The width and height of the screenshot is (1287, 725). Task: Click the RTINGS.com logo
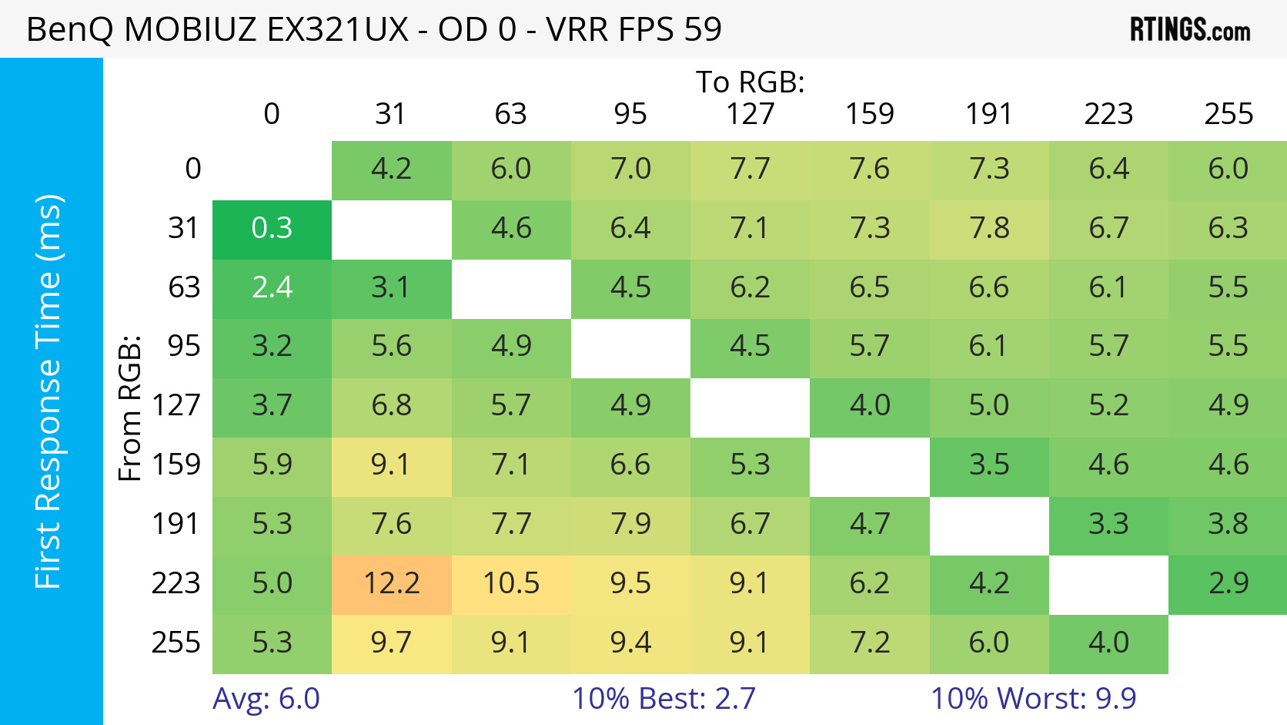coord(1190,29)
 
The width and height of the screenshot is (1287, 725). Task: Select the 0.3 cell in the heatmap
coord(272,230)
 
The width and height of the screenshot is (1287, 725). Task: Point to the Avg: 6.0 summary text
coord(266,698)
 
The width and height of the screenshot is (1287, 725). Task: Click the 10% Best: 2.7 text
coord(664,698)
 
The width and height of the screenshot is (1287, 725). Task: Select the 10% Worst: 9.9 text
coord(1033,698)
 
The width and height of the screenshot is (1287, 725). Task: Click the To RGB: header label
coord(750,82)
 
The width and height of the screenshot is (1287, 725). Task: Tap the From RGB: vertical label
coord(130,408)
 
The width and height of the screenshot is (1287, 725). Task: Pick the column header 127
coord(750,114)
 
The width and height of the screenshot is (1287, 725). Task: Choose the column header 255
coord(1228,114)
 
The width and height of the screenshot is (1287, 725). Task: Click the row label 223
coord(175,583)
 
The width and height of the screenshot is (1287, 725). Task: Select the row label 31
coord(184,228)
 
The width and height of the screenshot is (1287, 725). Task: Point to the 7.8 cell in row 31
coord(989,230)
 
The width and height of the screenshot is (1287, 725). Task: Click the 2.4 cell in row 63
coord(272,289)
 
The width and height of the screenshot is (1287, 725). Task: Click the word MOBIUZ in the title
coord(190,29)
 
